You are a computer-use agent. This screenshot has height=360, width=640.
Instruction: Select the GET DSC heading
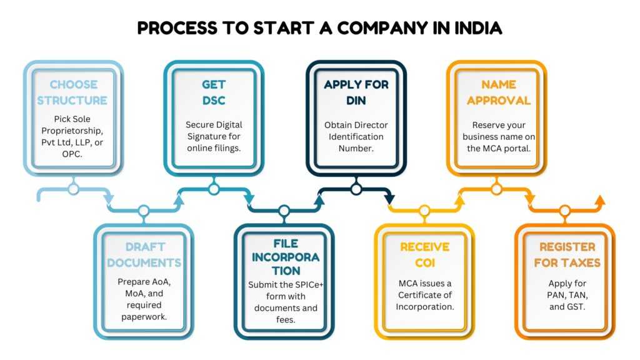point(213,92)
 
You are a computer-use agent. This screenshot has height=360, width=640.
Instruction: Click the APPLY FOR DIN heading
point(356,92)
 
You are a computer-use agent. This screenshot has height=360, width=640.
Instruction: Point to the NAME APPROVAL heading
point(498,92)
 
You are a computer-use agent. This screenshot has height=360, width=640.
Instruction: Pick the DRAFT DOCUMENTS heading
point(144,255)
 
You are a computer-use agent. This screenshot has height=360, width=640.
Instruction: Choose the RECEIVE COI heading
point(424,255)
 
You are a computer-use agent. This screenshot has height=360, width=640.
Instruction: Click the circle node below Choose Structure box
point(73,188)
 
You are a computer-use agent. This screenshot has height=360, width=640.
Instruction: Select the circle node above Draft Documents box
point(144,211)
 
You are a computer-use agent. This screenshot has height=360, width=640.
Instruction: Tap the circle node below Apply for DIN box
point(356,188)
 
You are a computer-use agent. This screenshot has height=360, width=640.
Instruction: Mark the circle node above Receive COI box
point(424,211)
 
